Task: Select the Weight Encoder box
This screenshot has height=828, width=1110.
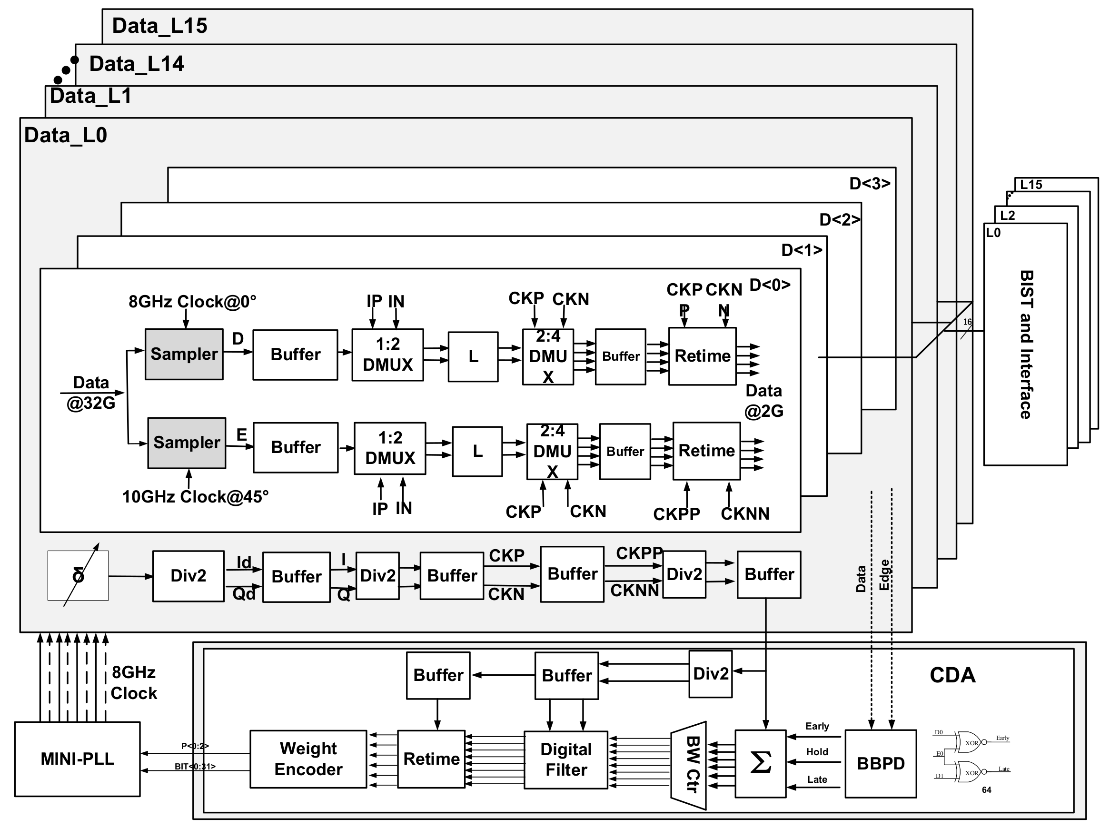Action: [308, 759]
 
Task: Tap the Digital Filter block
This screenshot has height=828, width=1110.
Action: [565, 759]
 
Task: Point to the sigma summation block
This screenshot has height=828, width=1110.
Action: [760, 763]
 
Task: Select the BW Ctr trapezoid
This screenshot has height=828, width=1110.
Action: [690, 765]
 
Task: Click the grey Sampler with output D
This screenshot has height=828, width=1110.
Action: [184, 354]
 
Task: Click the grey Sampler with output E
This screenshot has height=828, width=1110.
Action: [186, 443]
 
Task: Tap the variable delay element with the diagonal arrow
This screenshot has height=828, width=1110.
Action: [78, 575]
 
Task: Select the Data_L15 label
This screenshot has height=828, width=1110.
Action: [159, 26]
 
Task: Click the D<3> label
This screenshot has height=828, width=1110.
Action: [869, 183]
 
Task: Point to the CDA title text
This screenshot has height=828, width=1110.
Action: [952, 675]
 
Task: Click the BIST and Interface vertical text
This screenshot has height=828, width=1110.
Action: [1026, 345]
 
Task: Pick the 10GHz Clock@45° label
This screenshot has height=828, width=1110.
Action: [195, 497]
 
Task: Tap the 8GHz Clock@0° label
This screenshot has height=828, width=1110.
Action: [192, 302]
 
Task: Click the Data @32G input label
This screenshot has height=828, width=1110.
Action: [91, 393]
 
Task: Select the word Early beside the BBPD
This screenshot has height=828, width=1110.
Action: [817, 726]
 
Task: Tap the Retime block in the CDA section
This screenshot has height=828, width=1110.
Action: [431, 759]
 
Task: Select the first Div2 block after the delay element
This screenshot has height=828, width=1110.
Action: [188, 575]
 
